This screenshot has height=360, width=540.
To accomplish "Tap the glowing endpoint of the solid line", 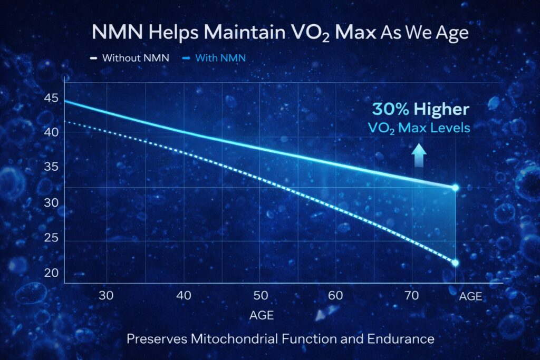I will [x=455, y=187].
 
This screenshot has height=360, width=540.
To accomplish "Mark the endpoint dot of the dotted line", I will [x=455, y=262].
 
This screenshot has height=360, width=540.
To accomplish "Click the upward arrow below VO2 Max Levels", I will [x=419, y=155].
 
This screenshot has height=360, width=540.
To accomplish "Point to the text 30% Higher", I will [x=420, y=109].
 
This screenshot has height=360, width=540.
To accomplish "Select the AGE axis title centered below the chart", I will [x=261, y=315].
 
